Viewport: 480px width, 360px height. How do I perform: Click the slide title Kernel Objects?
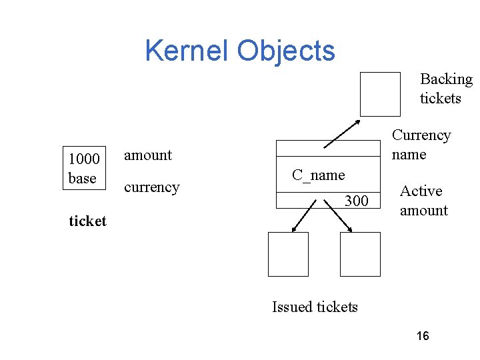240,51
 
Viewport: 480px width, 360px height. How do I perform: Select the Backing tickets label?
445,89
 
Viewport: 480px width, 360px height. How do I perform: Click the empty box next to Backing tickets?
380,94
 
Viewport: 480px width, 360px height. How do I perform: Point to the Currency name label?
421,145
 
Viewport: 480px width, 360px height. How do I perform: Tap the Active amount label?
423,201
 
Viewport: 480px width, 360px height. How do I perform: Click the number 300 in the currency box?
356,200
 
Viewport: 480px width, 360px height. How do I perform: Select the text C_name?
318,175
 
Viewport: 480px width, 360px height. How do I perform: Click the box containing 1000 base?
85,168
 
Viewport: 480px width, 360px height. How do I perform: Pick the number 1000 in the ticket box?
84,159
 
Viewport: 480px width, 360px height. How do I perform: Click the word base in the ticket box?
82,178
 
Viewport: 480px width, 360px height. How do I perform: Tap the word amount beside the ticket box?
148,155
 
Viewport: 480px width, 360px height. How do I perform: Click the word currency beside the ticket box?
151,187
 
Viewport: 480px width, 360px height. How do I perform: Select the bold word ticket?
87,221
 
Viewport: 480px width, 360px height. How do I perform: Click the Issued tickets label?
315,307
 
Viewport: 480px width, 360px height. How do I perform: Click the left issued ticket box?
288,254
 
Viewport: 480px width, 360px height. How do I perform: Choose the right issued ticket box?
360,254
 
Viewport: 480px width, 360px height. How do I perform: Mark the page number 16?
422,336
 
